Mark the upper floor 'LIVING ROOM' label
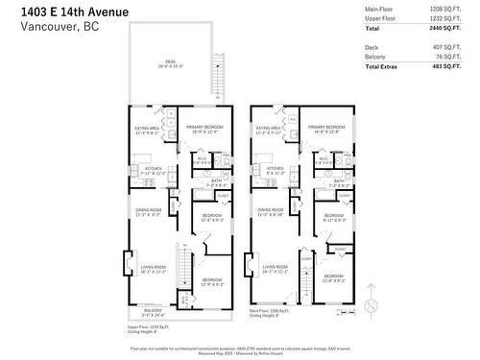154,268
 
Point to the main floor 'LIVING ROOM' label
276,268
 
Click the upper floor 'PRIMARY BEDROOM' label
204,128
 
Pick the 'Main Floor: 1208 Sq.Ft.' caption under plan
271,310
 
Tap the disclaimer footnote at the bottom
239,348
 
